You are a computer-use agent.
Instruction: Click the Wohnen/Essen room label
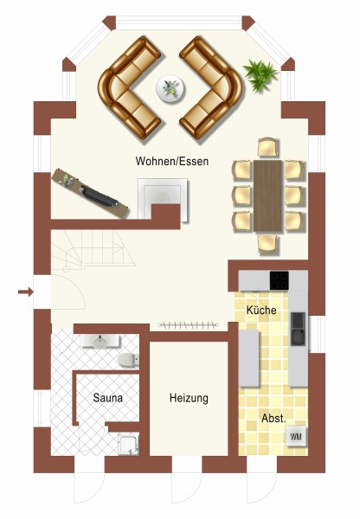point(172,161)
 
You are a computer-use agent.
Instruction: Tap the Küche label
point(261,310)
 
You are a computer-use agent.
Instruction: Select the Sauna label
point(107,398)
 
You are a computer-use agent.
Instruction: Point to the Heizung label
point(189,398)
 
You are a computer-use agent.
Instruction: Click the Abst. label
point(273,418)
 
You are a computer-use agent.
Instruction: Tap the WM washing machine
point(296,437)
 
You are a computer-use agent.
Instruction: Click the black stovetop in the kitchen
point(279,280)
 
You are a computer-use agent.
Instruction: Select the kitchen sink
point(298,329)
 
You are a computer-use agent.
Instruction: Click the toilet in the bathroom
point(128,360)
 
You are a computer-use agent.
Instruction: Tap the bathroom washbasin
point(100,342)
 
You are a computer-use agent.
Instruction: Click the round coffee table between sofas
point(170,89)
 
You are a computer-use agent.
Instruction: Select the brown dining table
point(268,196)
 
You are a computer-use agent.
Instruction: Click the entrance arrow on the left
point(25,292)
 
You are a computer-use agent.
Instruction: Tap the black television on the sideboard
point(99,196)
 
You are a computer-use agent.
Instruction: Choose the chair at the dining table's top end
point(268,147)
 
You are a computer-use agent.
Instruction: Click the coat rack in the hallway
point(189,325)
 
